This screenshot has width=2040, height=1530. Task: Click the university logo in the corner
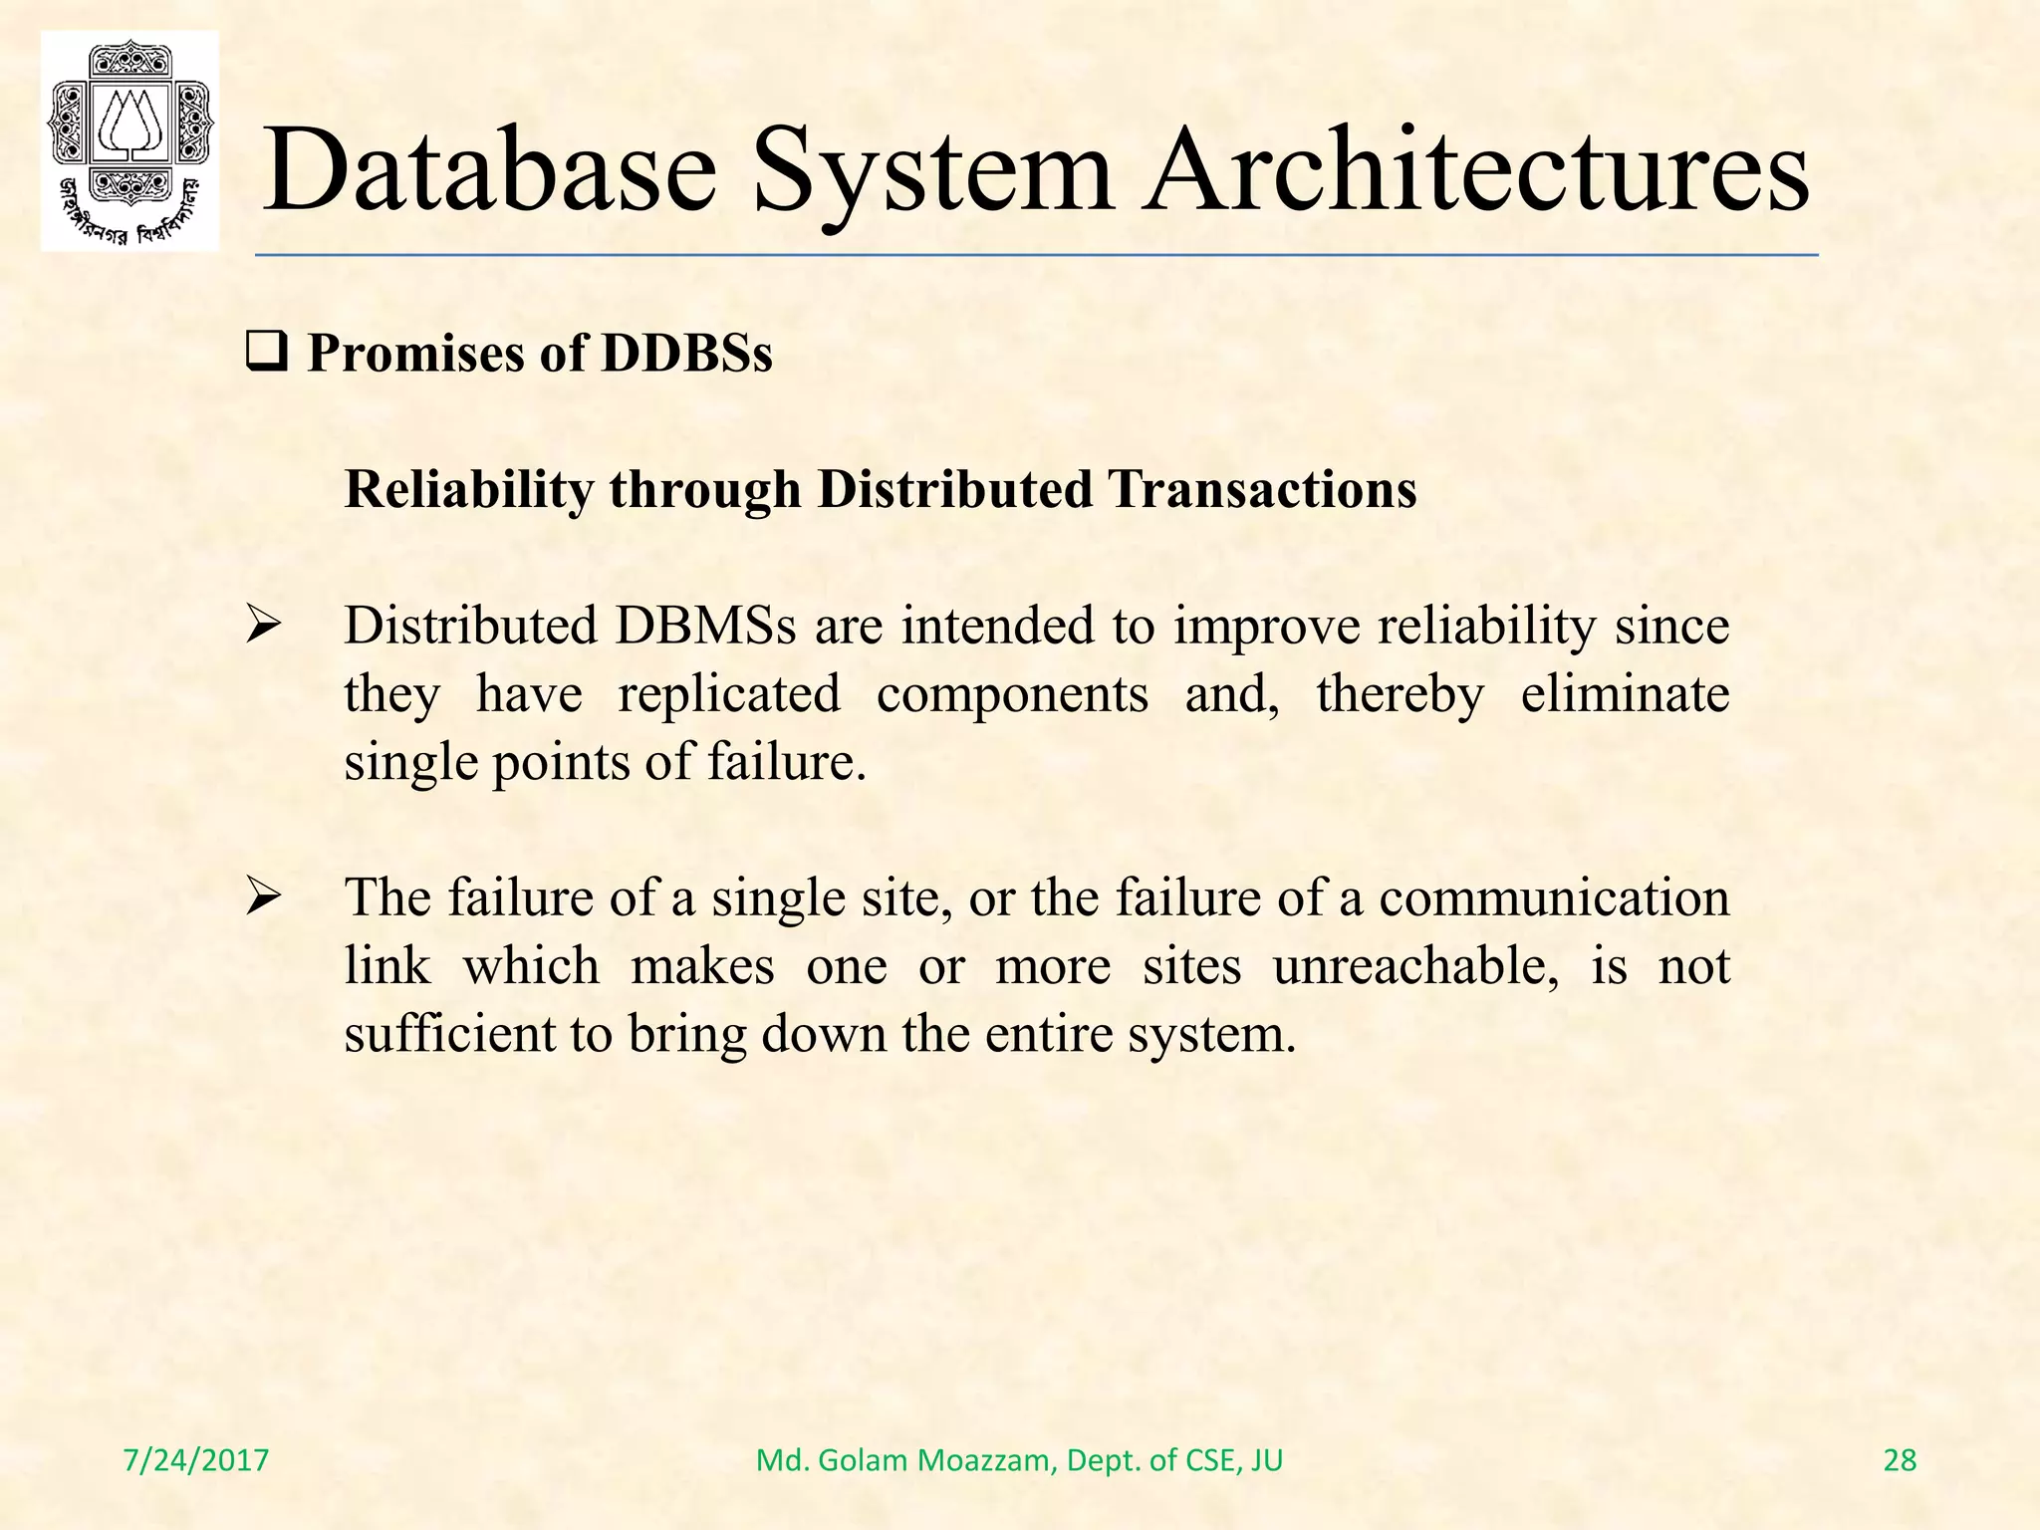click(129, 140)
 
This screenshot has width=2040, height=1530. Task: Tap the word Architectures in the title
click(1476, 169)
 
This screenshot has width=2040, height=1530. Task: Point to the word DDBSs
click(686, 354)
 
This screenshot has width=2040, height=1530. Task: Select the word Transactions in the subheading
click(1263, 490)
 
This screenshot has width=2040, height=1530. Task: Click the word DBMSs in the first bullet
click(705, 627)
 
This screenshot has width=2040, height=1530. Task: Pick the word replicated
click(729, 694)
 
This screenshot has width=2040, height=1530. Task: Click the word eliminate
click(1625, 694)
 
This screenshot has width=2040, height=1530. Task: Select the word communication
click(1554, 898)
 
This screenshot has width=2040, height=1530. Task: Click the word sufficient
click(449, 1035)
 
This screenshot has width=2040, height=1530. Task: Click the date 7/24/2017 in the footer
click(196, 1460)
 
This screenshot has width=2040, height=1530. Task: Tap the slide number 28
click(1900, 1460)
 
